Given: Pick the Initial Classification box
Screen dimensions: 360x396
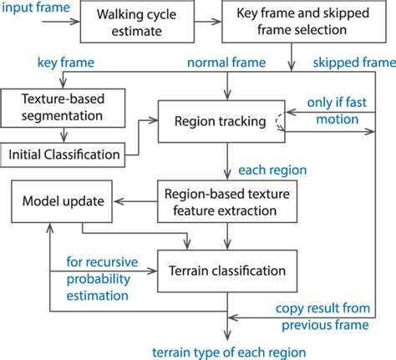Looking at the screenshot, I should [63, 154].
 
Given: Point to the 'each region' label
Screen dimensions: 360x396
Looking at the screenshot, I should [272, 170].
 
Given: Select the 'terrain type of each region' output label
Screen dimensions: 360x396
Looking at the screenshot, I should [227, 350].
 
